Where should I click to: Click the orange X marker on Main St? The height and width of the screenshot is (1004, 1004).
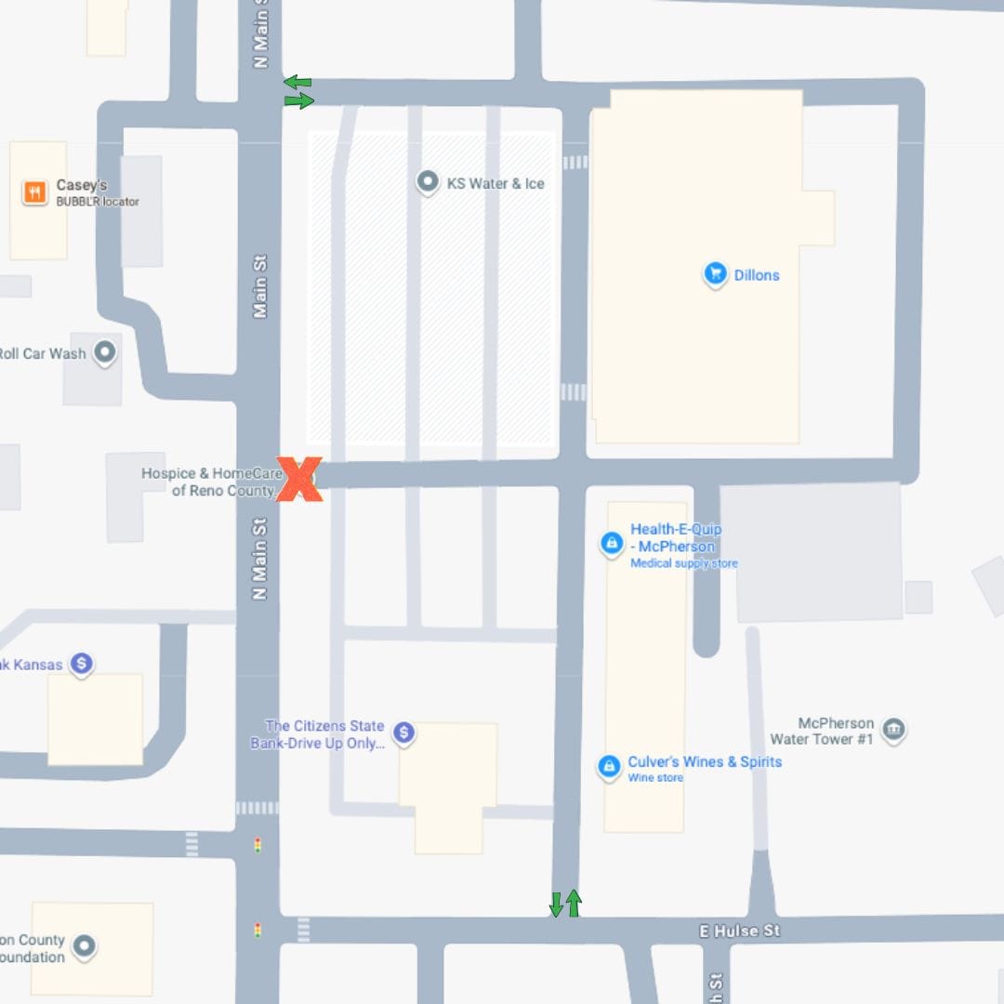pos(299,480)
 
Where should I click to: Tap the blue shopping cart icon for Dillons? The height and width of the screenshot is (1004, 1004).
pos(714,273)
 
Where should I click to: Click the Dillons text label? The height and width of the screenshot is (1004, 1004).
pos(757,275)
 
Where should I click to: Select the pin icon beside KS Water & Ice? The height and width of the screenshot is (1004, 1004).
pos(427,182)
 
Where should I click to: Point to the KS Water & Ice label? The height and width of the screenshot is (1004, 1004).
pos(495,184)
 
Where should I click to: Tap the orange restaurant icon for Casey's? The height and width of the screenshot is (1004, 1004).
pos(35,192)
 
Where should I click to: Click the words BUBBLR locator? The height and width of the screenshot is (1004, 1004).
pos(98,202)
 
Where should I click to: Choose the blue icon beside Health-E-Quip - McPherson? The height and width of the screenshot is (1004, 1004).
pos(611,542)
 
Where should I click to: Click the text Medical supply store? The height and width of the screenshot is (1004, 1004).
pos(684,563)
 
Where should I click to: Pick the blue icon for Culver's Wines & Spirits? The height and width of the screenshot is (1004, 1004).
pos(608,766)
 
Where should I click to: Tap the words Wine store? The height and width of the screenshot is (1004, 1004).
pos(655,778)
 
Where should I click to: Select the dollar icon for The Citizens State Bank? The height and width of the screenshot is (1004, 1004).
pos(403,733)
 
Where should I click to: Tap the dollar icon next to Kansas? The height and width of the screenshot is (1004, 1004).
pos(82,663)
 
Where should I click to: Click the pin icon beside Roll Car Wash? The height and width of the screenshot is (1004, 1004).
pos(105,351)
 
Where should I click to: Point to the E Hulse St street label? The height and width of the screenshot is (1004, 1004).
pos(739,931)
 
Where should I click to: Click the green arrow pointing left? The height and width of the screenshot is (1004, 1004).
pos(297,83)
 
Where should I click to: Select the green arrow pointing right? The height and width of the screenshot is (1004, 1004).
pos(299,100)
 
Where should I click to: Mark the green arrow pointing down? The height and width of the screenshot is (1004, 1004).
pos(556,904)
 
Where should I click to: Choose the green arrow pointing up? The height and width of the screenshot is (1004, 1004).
pos(574,902)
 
